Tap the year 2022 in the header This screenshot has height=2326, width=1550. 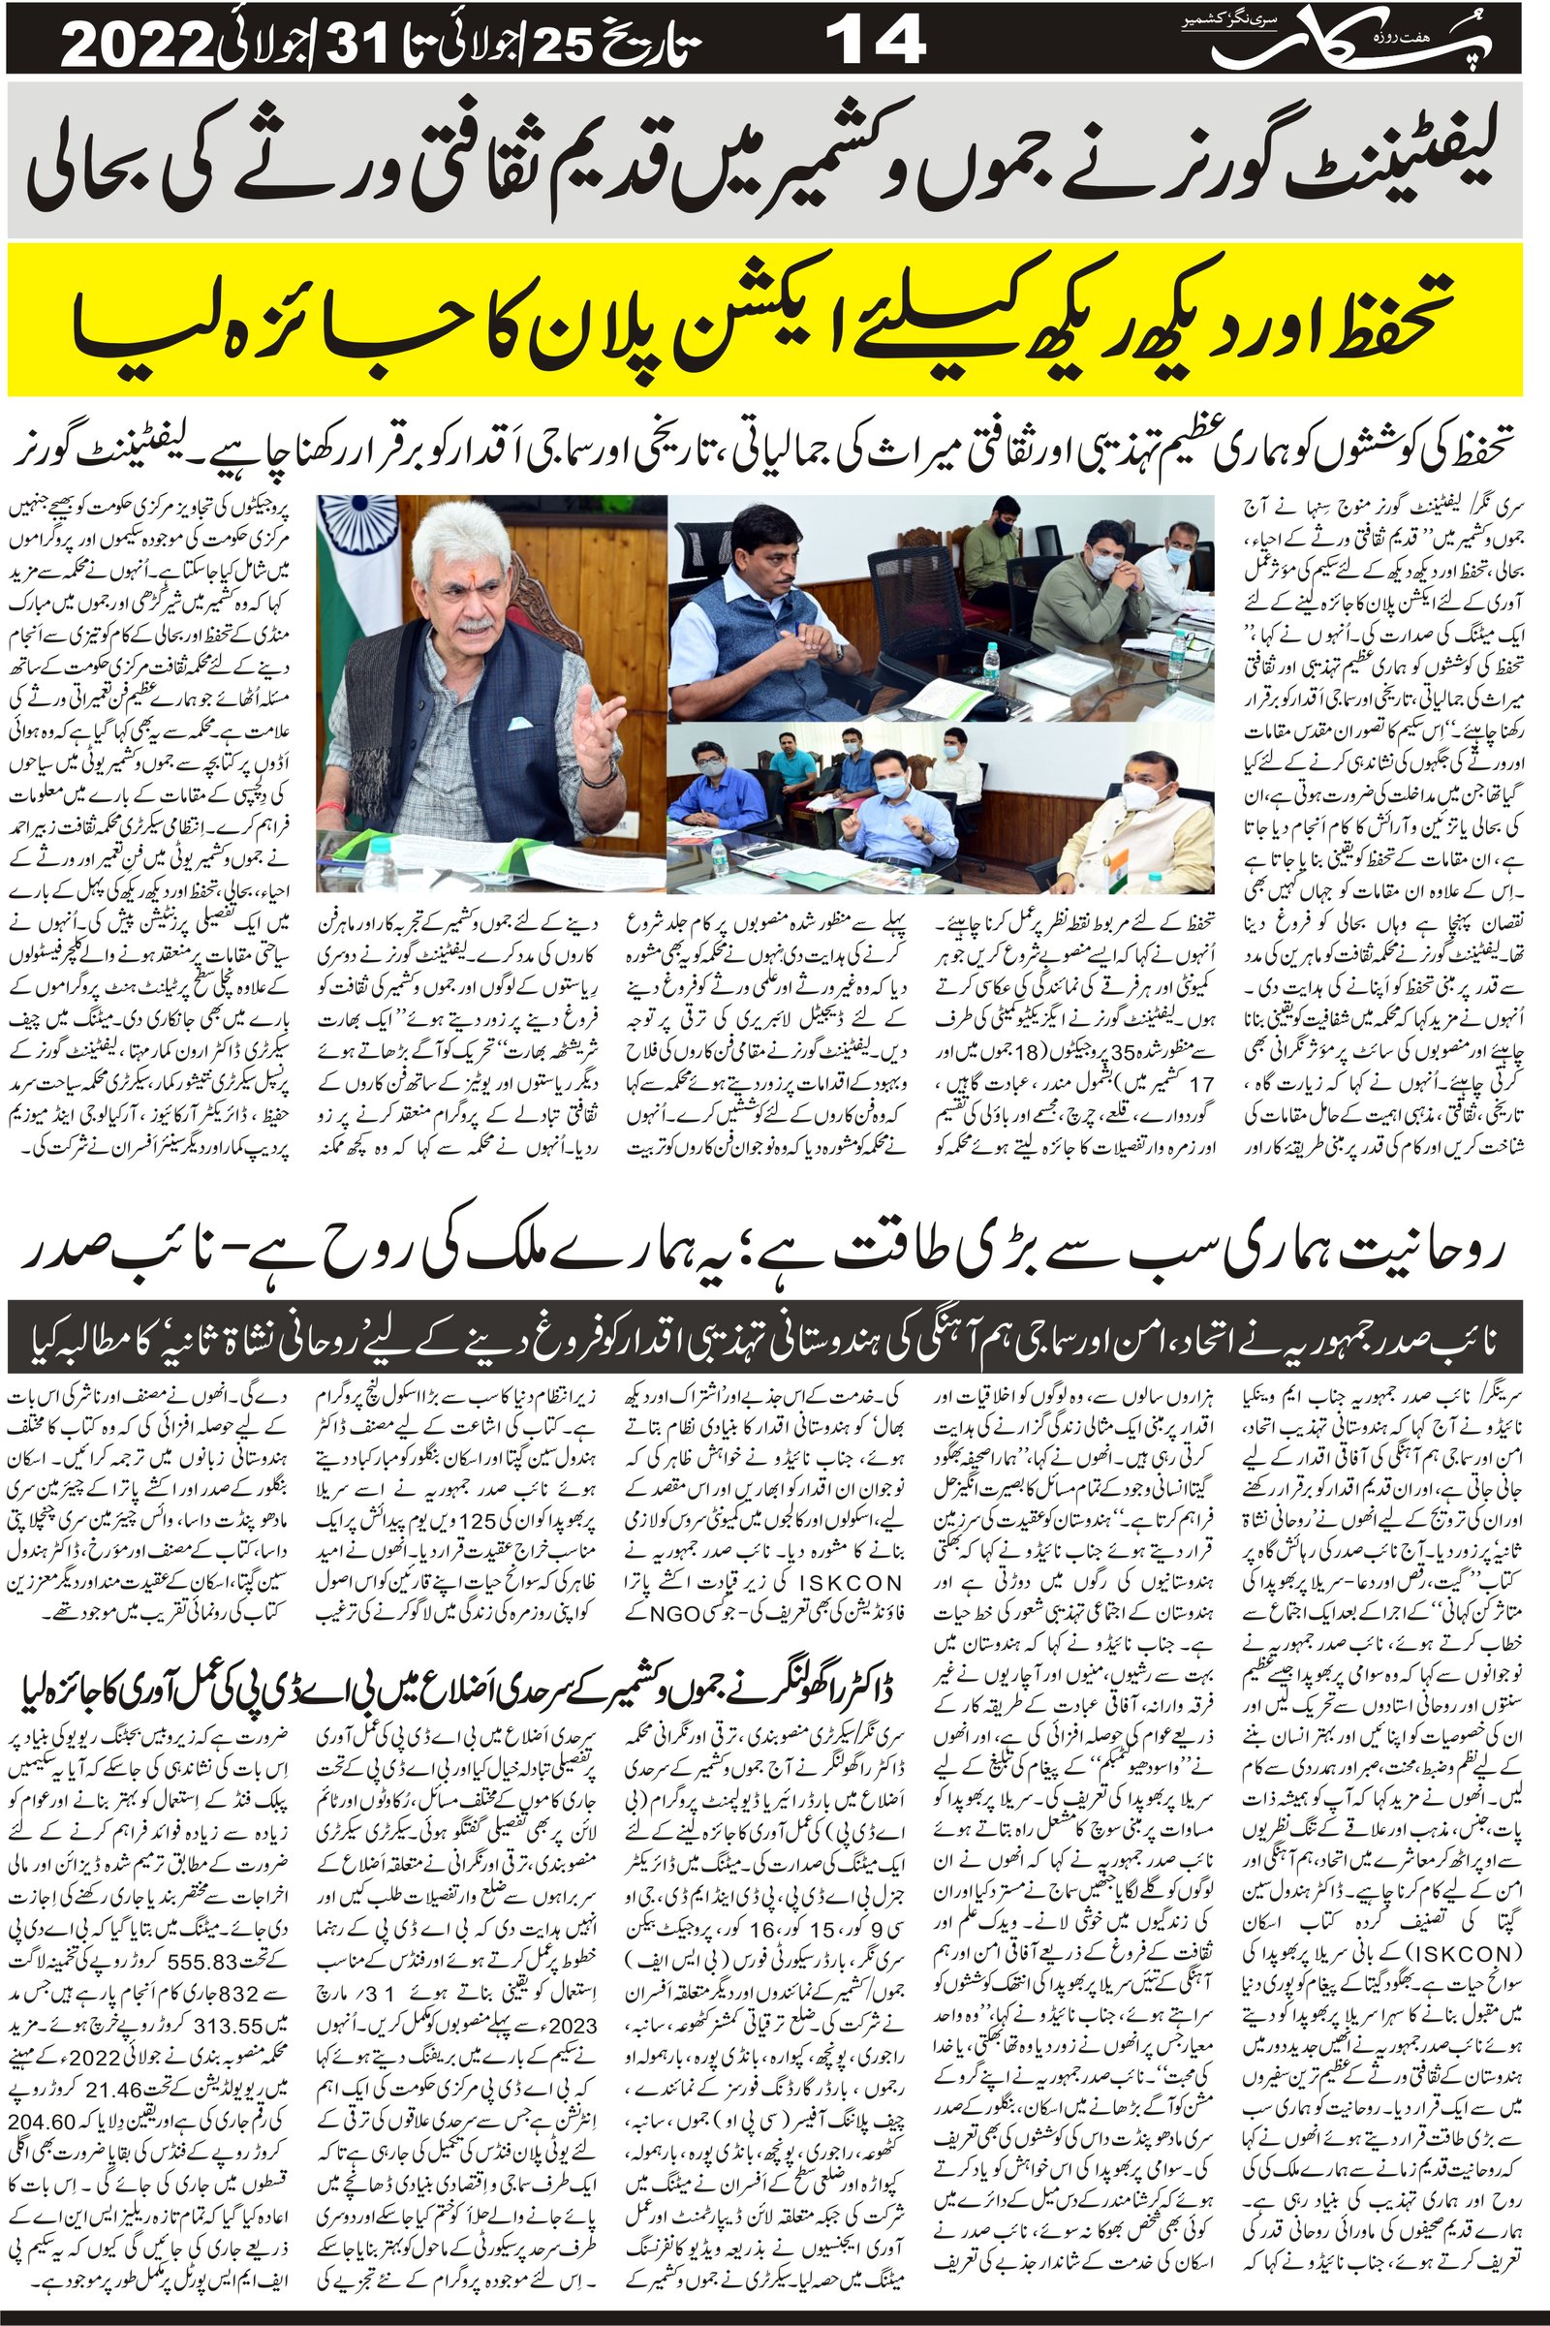(139, 44)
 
